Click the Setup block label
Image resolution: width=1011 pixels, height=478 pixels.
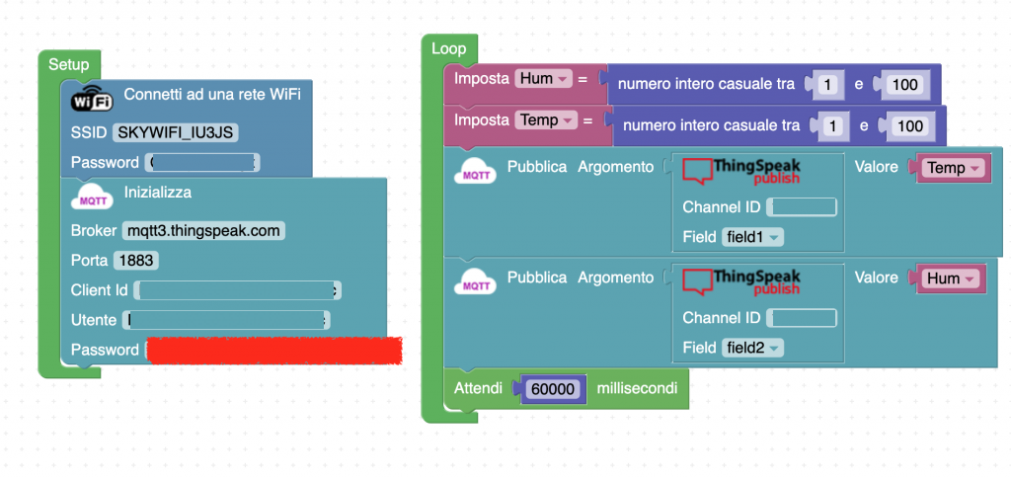pos(68,64)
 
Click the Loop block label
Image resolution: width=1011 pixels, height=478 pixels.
pos(448,48)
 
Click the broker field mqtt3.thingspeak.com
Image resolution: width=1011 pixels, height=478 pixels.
pos(204,231)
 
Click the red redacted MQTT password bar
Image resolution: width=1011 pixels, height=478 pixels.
pos(273,350)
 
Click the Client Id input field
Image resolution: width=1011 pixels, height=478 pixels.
pos(237,290)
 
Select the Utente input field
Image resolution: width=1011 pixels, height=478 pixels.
pos(226,320)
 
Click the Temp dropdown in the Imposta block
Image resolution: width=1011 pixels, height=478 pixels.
pos(545,120)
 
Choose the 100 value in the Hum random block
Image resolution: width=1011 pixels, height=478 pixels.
pos(904,85)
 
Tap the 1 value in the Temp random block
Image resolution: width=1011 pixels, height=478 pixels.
pos(834,126)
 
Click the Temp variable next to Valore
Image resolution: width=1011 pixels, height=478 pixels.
pos(953,168)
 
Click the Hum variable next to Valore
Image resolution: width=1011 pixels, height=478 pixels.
pos(951,279)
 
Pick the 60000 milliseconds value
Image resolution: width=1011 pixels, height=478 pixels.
pos(553,389)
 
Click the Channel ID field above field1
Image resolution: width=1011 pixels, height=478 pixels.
pos(802,207)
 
